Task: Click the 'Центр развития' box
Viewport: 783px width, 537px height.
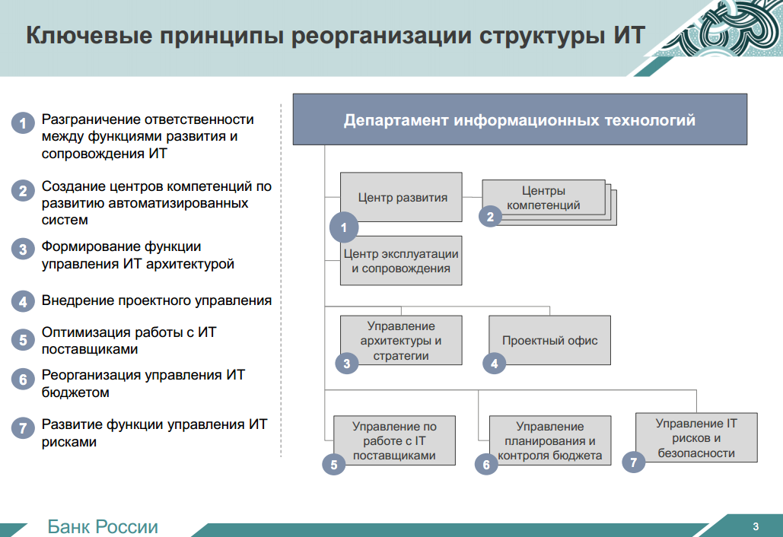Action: coord(401,197)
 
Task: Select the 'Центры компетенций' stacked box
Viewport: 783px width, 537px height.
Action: coord(549,202)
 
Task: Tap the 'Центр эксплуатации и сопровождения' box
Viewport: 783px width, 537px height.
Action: coord(401,261)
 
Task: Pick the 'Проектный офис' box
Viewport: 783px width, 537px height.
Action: coord(550,340)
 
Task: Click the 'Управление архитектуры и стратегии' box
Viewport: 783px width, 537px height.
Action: coord(401,340)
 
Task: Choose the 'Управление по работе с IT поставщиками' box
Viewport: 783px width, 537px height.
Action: coord(394,440)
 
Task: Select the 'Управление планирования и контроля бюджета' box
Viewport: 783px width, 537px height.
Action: coord(550,440)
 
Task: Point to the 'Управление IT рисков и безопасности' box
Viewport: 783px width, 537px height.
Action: coord(696,437)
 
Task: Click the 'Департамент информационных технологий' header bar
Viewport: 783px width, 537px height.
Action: coord(520,119)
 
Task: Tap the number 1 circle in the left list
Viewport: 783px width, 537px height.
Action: coord(23,122)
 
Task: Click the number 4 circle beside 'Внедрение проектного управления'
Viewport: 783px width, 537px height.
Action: coord(23,301)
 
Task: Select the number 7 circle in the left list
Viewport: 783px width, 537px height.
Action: coord(23,427)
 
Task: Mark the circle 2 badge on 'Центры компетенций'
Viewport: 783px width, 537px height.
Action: coord(490,217)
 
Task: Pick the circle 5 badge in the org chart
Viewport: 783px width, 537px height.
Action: coord(334,465)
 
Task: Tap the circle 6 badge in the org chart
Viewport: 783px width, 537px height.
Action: coord(486,465)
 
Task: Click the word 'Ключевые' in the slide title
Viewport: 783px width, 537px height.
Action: coord(89,36)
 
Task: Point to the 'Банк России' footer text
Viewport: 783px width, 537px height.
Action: coord(103,526)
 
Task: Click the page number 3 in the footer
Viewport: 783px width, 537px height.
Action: coord(756,526)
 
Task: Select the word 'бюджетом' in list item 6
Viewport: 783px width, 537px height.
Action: coord(75,392)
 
